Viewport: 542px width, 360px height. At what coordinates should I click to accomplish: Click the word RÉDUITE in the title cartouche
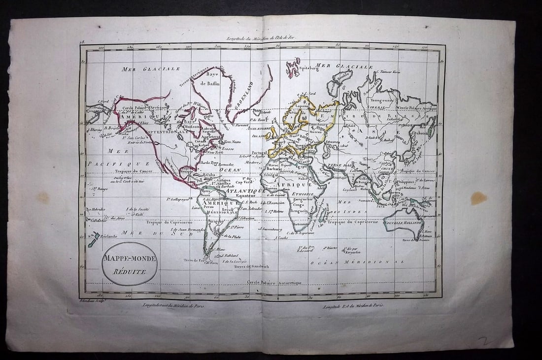click(x=129, y=271)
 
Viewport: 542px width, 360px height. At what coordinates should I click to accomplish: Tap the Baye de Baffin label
click(x=212, y=79)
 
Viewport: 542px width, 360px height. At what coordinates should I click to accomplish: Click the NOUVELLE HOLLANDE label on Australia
click(x=406, y=223)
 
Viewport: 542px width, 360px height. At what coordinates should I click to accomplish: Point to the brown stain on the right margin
click(x=478, y=198)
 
